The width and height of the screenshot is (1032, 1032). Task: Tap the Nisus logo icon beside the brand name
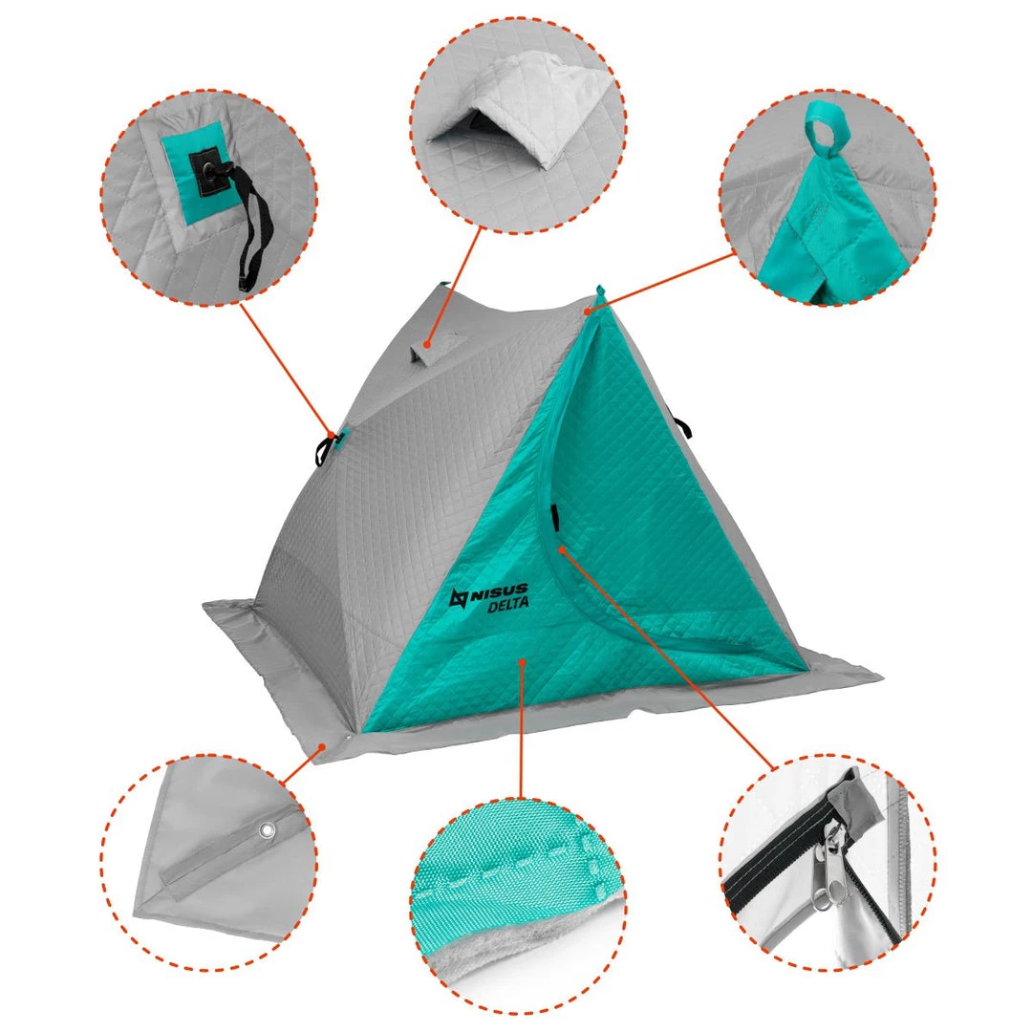coord(459,597)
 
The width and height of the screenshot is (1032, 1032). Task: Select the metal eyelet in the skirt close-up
coord(267,830)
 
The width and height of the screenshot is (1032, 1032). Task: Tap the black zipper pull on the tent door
coord(555,517)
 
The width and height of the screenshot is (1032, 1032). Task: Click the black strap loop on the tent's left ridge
coord(327,446)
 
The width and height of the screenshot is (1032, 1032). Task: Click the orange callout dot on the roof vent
coord(427,344)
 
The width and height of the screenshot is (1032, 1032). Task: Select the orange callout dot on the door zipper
coord(562,548)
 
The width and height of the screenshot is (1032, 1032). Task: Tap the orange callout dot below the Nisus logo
coord(523,661)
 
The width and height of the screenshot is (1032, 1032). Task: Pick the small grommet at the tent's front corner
coord(347,739)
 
